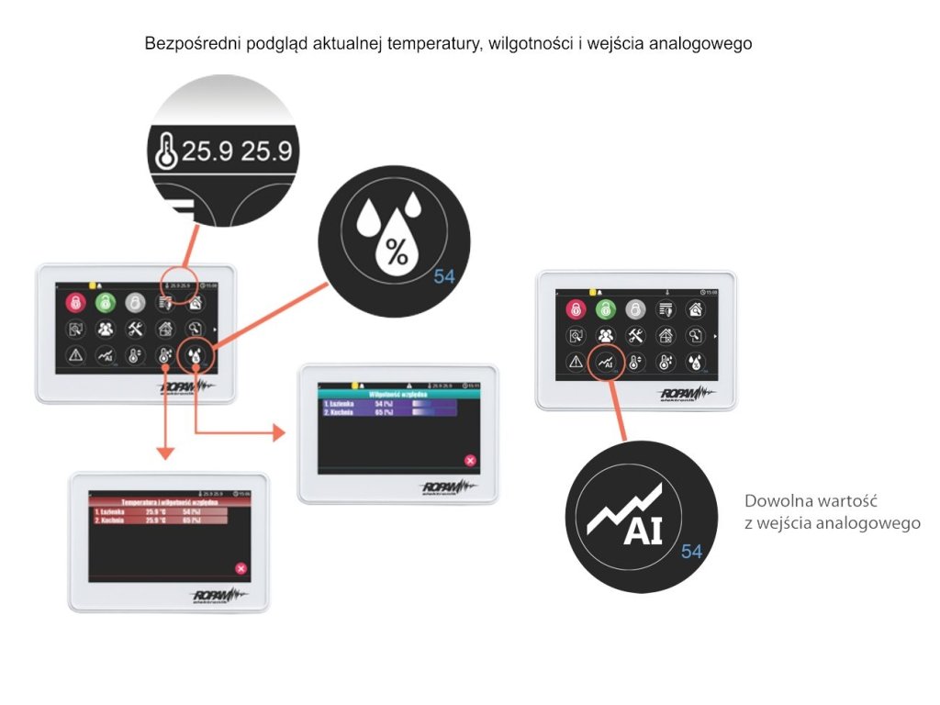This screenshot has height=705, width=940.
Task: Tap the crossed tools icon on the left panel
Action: coord(136,329)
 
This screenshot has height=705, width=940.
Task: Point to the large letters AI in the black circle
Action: coord(643,532)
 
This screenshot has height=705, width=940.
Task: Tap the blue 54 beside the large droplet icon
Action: coord(444,275)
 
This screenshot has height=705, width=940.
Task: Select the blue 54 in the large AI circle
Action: coord(691,552)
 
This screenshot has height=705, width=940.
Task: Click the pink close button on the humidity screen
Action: coord(470,461)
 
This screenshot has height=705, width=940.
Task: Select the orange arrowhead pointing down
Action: coord(164,452)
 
